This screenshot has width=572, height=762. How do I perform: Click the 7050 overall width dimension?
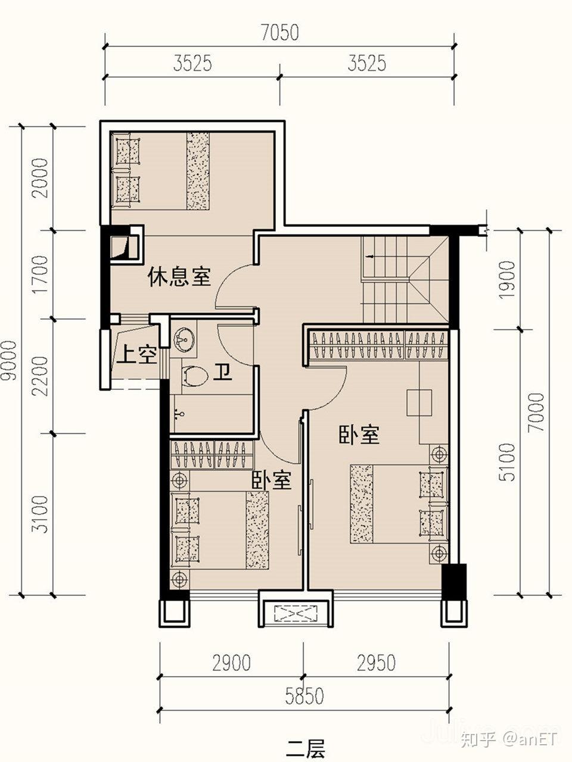pyautogui.click(x=279, y=33)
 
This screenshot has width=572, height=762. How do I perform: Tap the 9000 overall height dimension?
pyautogui.click(x=9, y=360)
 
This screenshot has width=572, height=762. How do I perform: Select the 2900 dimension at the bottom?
pyautogui.click(x=231, y=663)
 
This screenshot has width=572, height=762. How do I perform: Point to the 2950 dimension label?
pyautogui.click(x=376, y=663)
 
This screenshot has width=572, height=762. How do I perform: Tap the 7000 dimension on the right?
pyautogui.click(x=537, y=413)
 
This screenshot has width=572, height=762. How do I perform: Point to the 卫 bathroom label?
pyautogui.click(x=222, y=372)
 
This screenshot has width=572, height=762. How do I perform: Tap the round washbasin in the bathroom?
pyautogui.click(x=184, y=339)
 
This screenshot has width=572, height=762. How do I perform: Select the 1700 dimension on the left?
pyautogui.click(x=40, y=274)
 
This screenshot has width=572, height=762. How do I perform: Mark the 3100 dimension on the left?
pyautogui.click(x=40, y=515)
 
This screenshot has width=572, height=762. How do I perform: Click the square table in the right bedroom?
pyautogui.click(x=419, y=402)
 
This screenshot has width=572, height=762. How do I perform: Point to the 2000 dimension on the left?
pyautogui.click(x=40, y=178)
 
